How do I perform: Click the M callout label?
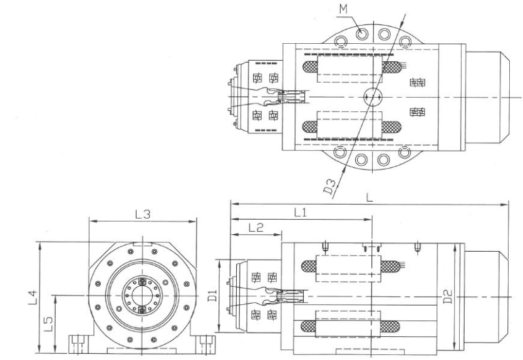343,9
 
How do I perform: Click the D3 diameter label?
330,187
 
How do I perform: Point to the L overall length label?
370,197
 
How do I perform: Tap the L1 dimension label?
300,212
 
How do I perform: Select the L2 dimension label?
256,227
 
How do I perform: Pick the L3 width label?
143,214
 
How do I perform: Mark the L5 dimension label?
48,324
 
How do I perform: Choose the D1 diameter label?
212,296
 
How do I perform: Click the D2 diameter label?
449,296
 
